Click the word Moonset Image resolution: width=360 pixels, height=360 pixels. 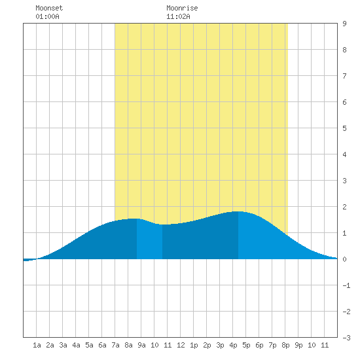click(49, 8)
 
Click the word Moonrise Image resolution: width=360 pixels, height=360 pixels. click(182, 8)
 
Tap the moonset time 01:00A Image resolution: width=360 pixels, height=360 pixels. click(47, 16)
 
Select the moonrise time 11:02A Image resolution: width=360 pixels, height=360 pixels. click(178, 16)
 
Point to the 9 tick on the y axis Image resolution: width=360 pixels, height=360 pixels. click(344, 24)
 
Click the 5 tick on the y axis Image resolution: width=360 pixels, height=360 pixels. click(344, 128)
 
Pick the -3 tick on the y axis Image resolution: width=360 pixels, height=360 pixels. click(346, 338)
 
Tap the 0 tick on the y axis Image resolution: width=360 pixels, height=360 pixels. click(344, 259)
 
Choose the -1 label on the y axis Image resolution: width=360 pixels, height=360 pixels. click(346, 285)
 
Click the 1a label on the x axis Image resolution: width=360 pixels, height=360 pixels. click(37, 345)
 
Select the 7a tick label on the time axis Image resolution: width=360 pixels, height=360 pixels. click(115, 345)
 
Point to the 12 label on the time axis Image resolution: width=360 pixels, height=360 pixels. click(181, 345)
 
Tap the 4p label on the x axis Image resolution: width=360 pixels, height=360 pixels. click(233, 345)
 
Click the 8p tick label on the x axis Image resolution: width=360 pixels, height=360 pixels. click(285, 345)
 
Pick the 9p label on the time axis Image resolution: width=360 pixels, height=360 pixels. click(298, 345)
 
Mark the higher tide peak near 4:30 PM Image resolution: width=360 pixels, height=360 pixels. click(238, 211)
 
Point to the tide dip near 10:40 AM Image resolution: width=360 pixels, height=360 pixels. click(162, 225)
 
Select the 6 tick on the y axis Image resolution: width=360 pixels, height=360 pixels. click(344, 102)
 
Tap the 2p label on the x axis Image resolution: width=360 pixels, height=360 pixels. click(207, 345)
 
